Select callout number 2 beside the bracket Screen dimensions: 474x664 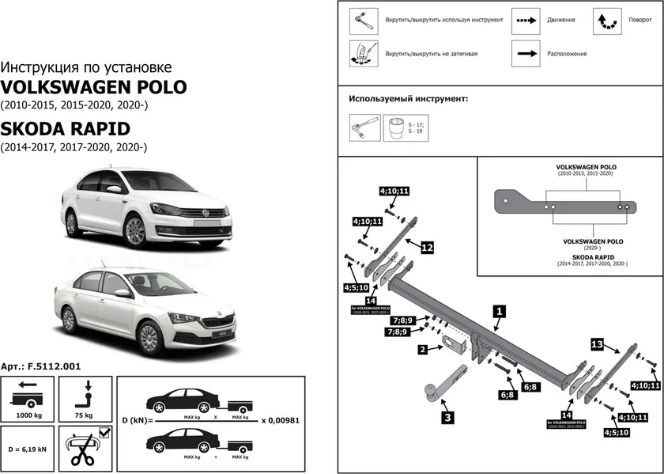coord(423,349)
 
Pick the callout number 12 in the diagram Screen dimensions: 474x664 coord(426,248)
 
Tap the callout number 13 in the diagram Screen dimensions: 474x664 coord(598,344)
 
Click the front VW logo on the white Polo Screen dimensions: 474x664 coord(202,212)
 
